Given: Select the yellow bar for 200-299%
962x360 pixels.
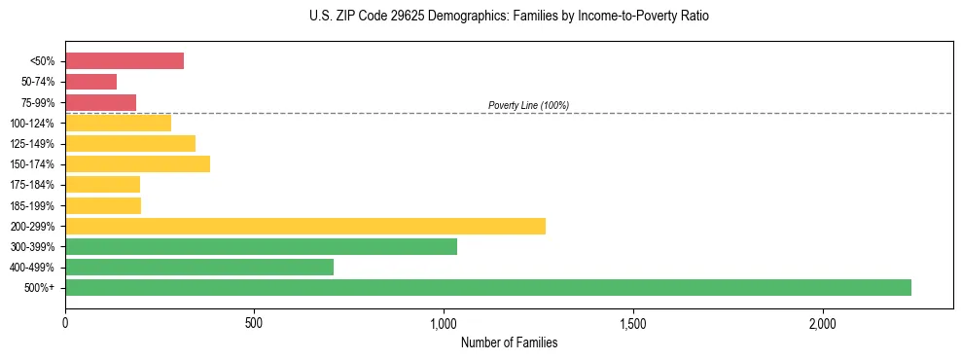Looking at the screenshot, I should coord(305,227).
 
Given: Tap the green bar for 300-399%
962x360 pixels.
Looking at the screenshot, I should coord(261,247).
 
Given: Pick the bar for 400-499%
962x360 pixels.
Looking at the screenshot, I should coord(199,268).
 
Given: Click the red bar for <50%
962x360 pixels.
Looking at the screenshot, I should coord(125,61).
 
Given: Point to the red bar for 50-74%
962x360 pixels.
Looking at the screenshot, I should coord(91,82).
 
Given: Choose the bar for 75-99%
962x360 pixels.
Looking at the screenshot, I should coord(101,102).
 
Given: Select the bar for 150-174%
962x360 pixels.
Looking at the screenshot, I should coord(137,164).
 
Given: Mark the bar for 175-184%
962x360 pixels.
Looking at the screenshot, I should coord(103,185).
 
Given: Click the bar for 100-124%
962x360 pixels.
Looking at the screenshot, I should coord(118,123).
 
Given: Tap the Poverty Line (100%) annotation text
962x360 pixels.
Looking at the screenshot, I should coord(528,105).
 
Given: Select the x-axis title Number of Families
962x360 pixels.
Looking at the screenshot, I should coord(509,342).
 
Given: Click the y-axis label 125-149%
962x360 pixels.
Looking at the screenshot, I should coord(32,144).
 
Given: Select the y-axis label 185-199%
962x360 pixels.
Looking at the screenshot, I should coord(32,206).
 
